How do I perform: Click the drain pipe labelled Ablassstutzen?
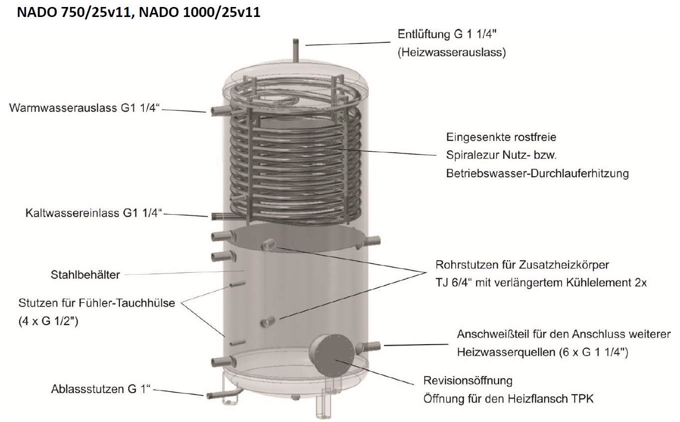(222, 394)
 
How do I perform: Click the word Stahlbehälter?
(85, 275)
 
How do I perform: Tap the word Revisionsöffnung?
(468, 381)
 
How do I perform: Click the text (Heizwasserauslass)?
(452, 52)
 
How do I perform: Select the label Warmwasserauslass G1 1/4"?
(84, 108)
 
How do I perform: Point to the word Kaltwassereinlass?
(72, 213)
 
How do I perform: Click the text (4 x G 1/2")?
(48, 321)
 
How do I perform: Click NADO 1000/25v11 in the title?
(200, 12)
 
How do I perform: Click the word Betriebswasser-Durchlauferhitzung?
(537, 173)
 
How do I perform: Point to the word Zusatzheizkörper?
(564, 265)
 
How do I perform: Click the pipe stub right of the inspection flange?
(368, 348)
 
